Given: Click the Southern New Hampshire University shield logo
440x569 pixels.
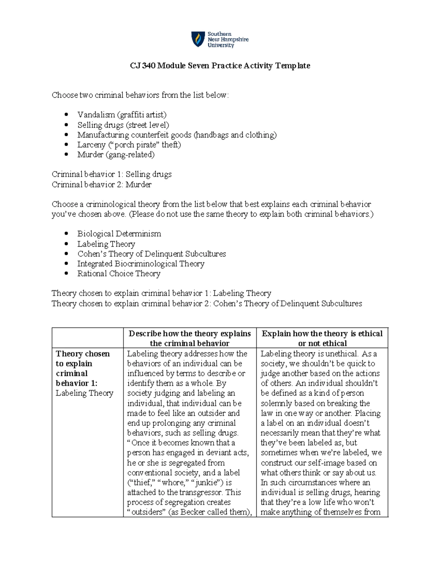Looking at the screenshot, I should click(198, 39).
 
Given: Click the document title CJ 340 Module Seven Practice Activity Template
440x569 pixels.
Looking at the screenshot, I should click(220, 66).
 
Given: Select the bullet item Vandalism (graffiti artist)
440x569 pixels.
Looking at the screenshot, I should click(122, 115).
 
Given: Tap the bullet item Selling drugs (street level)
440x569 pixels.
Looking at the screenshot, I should click(123, 125).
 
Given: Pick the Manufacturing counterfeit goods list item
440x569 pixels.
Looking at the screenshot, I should click(177, 135).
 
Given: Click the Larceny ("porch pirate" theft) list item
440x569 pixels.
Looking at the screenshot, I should click(129, 145).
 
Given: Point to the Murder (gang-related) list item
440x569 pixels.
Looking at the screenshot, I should click(116, 155).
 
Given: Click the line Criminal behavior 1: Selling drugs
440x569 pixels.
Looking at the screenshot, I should click(111, 174).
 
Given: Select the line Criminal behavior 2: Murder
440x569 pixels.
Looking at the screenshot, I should click(102, 184).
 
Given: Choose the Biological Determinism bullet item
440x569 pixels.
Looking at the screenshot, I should click(119, 234).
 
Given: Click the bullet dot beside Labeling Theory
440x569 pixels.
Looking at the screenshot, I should click(66, 244).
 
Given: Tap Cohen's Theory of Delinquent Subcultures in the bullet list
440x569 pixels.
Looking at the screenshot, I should click(151, 254).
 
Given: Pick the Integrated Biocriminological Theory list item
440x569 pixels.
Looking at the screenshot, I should click(140, 263).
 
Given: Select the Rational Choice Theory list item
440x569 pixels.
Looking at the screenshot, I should click(119, 273).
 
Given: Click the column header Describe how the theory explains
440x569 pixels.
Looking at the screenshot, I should click(190, 334).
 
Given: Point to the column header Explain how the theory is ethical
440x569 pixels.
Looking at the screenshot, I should click(322, 334).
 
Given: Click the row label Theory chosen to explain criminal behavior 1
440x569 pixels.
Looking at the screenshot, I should click(82, 369).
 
